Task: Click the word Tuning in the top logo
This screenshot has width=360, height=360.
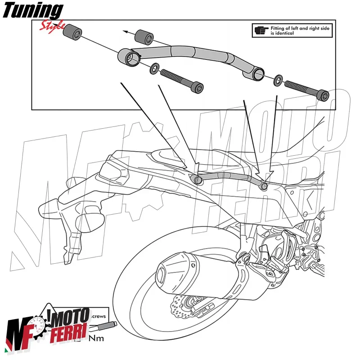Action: tap(34, 10)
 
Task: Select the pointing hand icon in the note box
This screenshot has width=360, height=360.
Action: tap(260, 31)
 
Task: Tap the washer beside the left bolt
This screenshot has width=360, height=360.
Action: tap(154, 68)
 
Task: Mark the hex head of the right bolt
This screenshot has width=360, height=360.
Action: tap(323, 95)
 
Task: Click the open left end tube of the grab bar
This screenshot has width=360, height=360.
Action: tap(128, 58)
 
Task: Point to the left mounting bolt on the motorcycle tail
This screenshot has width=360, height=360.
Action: tap(197, 179)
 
